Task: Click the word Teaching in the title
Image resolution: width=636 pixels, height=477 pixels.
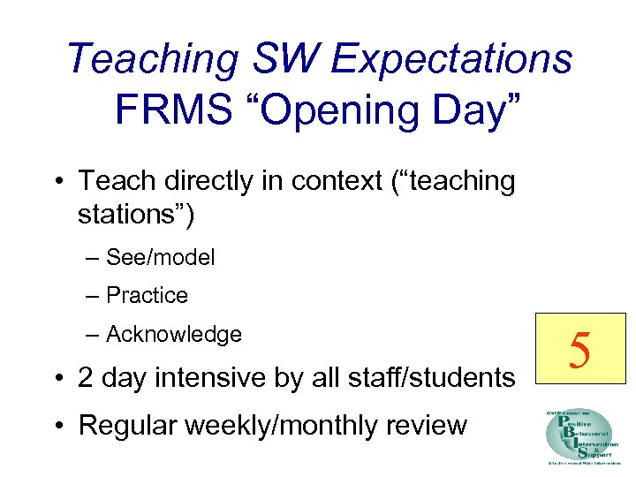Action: click(x=152, y=59)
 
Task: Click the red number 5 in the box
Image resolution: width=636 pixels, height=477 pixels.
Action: click(x=580, y=351)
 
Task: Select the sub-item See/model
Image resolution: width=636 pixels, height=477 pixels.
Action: click(x=160, y=258)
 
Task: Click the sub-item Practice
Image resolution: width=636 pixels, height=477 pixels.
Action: click(x=147, y=296)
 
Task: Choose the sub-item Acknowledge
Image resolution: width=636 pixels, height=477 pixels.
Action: click(x=173, y=335)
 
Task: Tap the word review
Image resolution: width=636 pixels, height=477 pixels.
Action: click(x=425, y=425)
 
